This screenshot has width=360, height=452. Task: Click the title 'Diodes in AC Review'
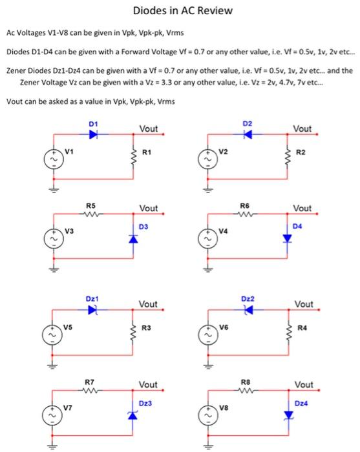(182, 11)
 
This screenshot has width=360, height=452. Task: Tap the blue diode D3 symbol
(133, 239)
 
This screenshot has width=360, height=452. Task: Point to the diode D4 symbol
(287, 239)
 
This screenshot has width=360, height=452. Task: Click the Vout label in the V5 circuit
(148, 304)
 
